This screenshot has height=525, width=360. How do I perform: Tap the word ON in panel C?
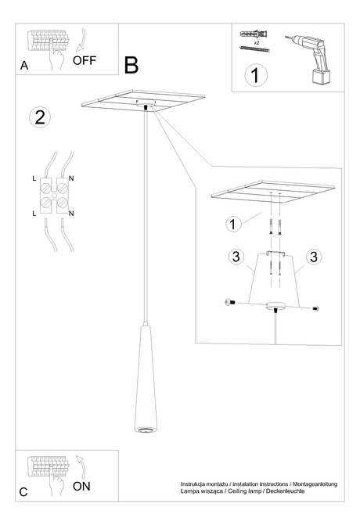[81, 486]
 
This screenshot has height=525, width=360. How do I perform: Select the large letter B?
[131, 64]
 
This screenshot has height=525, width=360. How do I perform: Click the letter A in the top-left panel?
[24, 67]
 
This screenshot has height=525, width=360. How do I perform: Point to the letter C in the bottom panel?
[23, 492]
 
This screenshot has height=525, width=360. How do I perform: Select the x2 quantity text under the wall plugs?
[256, 43]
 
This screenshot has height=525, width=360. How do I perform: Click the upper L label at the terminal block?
[34, 179]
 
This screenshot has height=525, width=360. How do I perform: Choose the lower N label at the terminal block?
[71, 213]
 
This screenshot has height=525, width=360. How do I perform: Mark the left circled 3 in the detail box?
[234, 257]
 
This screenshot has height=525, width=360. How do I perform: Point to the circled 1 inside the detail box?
[232, 225]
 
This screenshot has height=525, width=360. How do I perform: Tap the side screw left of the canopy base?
[229, 301]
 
